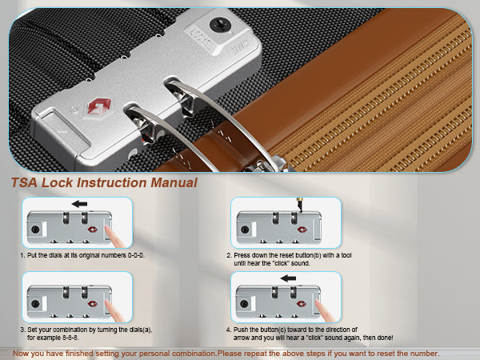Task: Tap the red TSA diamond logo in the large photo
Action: [x=99, y=106]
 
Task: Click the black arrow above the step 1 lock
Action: [x=79, y=204]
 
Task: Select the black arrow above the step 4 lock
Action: [x=288, y=278]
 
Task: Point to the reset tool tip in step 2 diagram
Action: [x=301, y=211]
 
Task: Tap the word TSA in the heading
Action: [x=25, y=182]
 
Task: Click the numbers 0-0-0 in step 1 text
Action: [x=136, y=255]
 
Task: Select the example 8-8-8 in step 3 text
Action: [x=70, y=338]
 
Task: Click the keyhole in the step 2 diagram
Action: [x=245, y=230]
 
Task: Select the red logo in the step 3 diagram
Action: [x=93, y=304]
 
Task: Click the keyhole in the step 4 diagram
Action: [x=244, y=304]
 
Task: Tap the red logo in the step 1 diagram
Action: [x=93, y=230]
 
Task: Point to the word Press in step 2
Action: [x=242, y=255]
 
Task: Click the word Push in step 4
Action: [x=240, y=330]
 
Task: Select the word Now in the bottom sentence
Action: [x=21, y=354]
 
